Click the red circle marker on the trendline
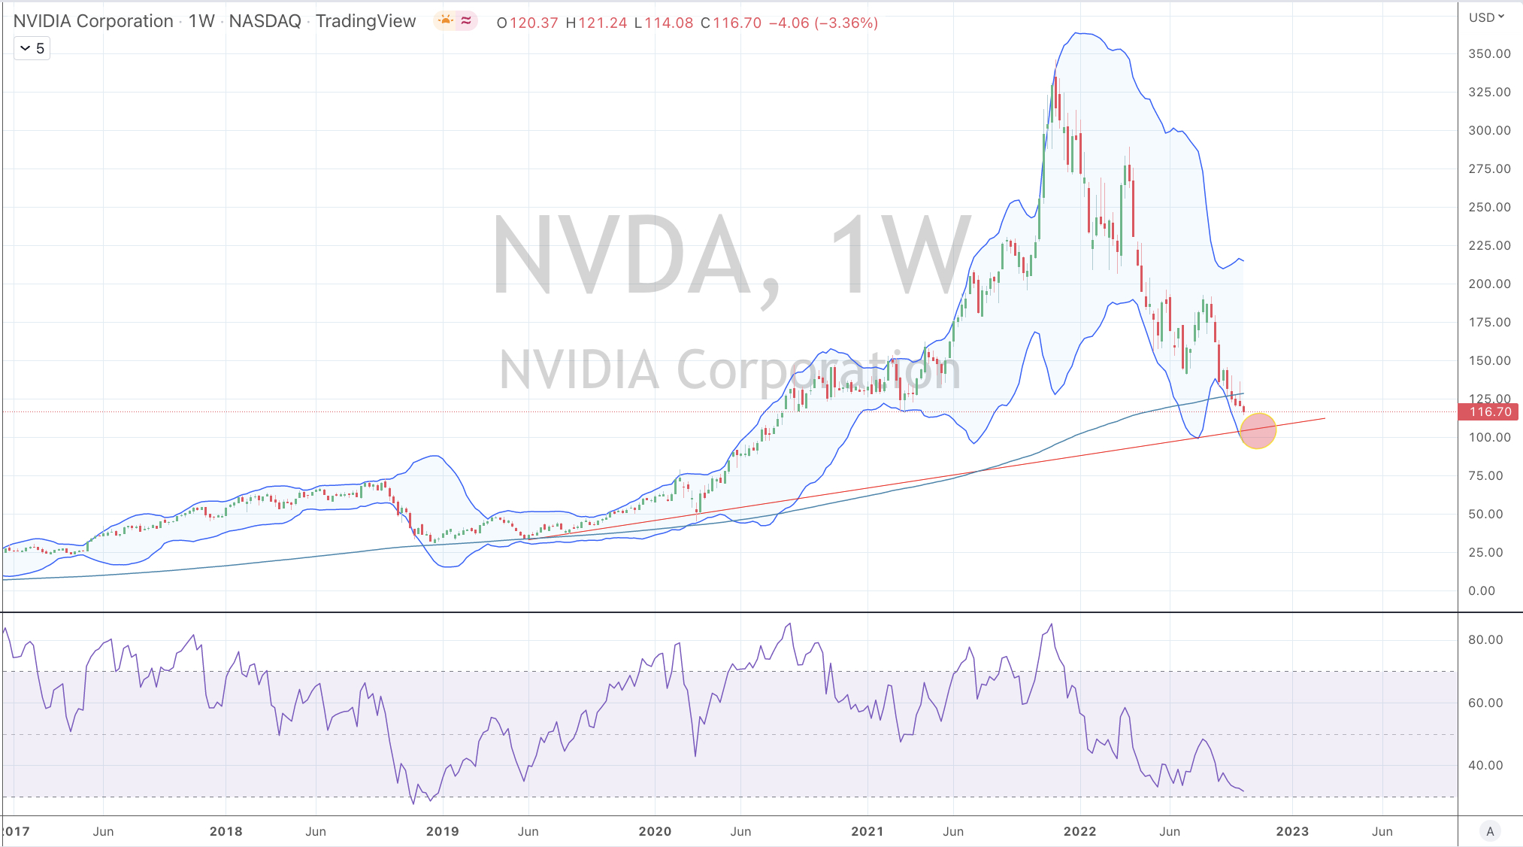[x=1258, y=431]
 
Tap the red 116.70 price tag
[x=1488, y=411]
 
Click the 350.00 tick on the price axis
[x=1489, y=53]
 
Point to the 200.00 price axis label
[x=1489, y=284]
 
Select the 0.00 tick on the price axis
[x=1482, y=590]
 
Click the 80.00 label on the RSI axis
[x=1485, y=639]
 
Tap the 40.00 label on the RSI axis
[x=1485, y=765]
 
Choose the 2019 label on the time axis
[x=442, y=831]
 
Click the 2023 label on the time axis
[x=1292, y=831]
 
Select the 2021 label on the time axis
[x=867, y=831]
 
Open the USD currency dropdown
[x=1487, y=17]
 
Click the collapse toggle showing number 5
[x=32, y=48]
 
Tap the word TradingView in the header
[x=365, y=21]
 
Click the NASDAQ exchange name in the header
[x=265, y=21]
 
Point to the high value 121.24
[x=602, y=23]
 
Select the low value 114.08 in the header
[x=668, y=23]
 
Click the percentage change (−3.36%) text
[x=846, y=23]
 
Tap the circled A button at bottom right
[x=1490, y=830]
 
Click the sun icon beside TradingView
[x=446, y=20]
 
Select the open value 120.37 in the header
[x=534, y=23]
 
